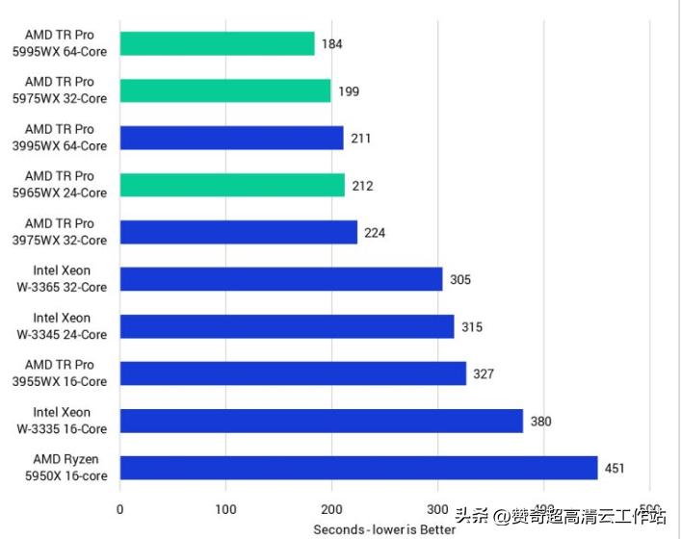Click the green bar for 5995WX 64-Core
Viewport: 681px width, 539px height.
217,43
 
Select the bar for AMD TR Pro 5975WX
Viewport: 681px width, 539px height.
224,90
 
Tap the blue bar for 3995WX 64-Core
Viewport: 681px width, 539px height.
231,138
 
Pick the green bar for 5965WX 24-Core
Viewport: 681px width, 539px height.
231,185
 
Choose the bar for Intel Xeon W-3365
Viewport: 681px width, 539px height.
280,279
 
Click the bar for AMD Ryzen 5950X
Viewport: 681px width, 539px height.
358,469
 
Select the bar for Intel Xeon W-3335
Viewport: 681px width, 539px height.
321,421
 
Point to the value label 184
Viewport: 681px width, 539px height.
332,44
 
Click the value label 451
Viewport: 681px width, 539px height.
615,470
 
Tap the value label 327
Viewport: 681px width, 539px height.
484,374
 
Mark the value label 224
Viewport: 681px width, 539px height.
375,233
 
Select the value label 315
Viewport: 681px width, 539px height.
471,327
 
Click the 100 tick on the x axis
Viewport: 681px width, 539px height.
225,509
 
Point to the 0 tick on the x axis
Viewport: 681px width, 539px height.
119,509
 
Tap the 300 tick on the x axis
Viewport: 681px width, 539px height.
437,509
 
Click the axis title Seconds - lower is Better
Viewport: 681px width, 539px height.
384,529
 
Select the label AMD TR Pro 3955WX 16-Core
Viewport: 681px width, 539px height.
66,373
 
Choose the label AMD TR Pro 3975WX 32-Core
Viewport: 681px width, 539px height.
66,232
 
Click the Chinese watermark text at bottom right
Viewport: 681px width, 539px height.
559,515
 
